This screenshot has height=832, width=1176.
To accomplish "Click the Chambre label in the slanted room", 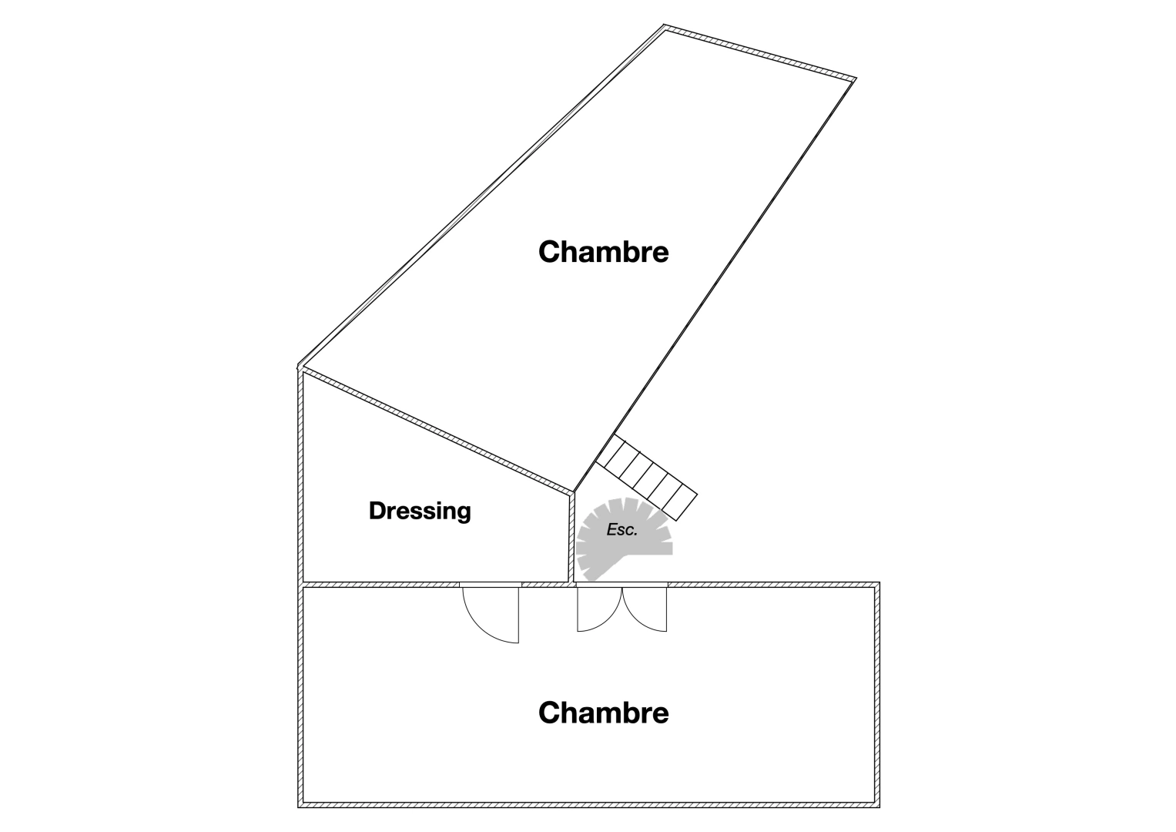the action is click(x=603, y=252).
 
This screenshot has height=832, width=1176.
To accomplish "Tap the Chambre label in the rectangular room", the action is click(x=603, y=713).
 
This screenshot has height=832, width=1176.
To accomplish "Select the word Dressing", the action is click(x=420, y=512).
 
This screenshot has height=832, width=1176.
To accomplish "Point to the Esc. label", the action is click(x=622, y=530).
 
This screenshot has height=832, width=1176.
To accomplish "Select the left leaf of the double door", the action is click(x=599, y=610).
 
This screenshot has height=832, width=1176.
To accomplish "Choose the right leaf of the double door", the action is click(x=645, y=610).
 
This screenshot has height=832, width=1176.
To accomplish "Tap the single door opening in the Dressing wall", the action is click(x=491, y=585).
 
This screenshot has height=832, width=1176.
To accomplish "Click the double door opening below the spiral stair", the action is click(x=622, y=585).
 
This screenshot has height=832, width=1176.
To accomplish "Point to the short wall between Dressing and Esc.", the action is click(x=571, y=538).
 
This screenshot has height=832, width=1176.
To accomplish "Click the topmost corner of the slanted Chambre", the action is click(x=664, y=25).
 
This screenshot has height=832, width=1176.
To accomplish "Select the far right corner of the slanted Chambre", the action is click(x=856, y=79).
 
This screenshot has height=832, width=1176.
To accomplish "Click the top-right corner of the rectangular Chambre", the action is click(x=879, y=582).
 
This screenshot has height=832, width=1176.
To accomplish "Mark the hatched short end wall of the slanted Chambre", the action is click(x=759, y=53).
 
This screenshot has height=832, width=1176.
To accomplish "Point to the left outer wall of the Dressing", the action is click(x=301, y=476).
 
